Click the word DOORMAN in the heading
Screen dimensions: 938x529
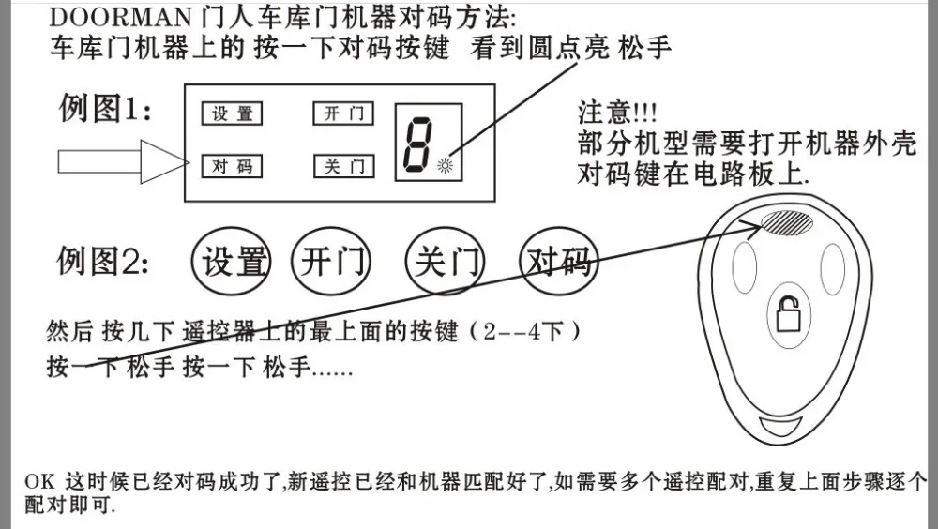tap(120, 18)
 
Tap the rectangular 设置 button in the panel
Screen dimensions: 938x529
tap(232, 113)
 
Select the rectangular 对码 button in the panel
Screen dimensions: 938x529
tap(232, 166)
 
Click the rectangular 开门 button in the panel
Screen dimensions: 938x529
tap(343, 113)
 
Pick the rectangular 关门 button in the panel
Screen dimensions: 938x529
tap(344, 166)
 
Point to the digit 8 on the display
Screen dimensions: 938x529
tap(417, 144)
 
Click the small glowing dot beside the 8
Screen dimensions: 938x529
tap(445, 165)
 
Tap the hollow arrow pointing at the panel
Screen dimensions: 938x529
tap(123, 161)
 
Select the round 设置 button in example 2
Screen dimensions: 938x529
tap(231, 261)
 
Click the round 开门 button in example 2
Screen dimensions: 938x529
tap(331, 261)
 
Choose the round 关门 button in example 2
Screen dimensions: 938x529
tap(445, 261)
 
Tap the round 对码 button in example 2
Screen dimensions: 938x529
tap(559, 261)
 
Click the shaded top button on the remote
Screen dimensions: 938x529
tap(787, 222)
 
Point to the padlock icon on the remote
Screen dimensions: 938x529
tap(789, 314)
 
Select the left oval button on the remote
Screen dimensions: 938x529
tap(744, 267)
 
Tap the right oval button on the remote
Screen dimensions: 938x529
tap(833, 269)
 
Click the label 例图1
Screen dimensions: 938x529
tap(105, 109)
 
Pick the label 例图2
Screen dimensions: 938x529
tap(102, 261)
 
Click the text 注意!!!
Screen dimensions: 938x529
tap(617, 113)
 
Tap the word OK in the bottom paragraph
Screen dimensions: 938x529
tap(39, 482)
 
